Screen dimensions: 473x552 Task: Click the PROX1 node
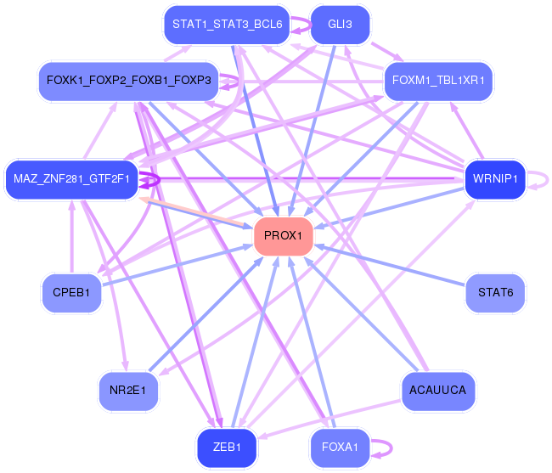click(284, 235)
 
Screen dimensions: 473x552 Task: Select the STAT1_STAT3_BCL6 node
click(227, 25)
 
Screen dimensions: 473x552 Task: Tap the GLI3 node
click(340, 25)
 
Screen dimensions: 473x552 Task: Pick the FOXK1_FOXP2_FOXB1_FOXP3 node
click(129, 82)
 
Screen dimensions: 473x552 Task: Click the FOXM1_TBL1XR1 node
click(438, 82)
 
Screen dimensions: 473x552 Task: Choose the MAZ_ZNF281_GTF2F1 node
click(71, 179)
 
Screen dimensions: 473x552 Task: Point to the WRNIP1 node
click(495, 179)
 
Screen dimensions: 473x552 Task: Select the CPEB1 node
click(71, 293)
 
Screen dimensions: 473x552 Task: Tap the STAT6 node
click(495, 293)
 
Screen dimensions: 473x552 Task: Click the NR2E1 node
click(128, 391)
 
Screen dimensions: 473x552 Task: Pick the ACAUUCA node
click(437, 391)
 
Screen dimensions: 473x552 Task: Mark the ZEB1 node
click(227, 448)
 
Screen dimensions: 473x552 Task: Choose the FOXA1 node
click(340, 448)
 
